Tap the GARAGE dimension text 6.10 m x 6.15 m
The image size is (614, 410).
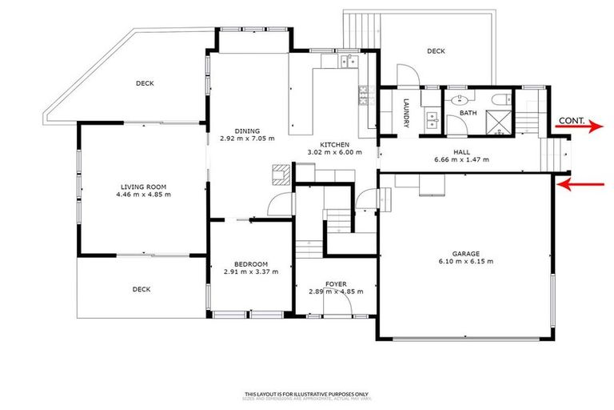466,262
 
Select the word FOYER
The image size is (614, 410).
336,284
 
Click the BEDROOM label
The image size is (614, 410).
250,264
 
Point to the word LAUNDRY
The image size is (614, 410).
406,113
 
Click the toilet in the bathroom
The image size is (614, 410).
499,100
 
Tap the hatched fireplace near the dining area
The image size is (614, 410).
278,172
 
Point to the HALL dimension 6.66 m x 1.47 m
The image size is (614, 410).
461,159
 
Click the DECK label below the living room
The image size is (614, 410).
141,289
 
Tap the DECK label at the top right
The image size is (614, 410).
435,51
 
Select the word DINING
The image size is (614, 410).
247,131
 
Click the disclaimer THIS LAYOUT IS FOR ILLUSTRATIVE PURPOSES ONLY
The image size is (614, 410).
307,393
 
